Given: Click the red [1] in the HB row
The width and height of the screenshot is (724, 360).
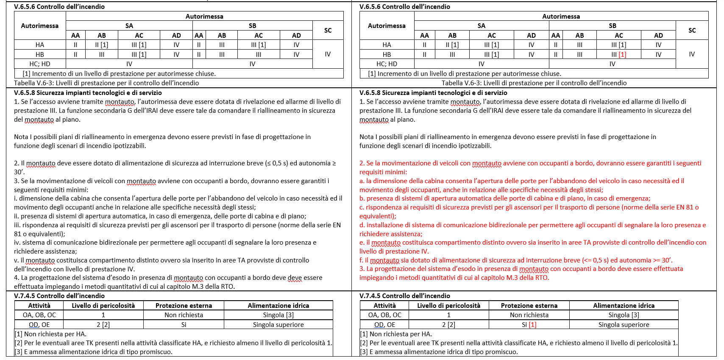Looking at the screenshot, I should click(622, 54).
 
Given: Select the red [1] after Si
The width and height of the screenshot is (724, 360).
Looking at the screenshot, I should click(532, 325).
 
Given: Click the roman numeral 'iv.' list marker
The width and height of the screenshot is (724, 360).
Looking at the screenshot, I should click(17, 243).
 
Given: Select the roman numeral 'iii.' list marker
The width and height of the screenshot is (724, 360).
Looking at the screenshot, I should click(17, 225).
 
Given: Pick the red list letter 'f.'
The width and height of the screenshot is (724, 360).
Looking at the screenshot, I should click(362, 260).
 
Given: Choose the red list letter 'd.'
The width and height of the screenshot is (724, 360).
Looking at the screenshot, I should click(362, 225).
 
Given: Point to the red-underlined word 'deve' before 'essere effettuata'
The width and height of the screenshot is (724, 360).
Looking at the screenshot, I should click(295, 278).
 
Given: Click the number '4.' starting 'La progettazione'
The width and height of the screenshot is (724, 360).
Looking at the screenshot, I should click(17, 278).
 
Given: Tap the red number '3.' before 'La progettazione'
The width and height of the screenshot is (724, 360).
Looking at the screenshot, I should click(362, 269).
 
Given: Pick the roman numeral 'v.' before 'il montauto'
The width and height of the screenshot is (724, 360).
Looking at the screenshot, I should click(17, 260).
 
